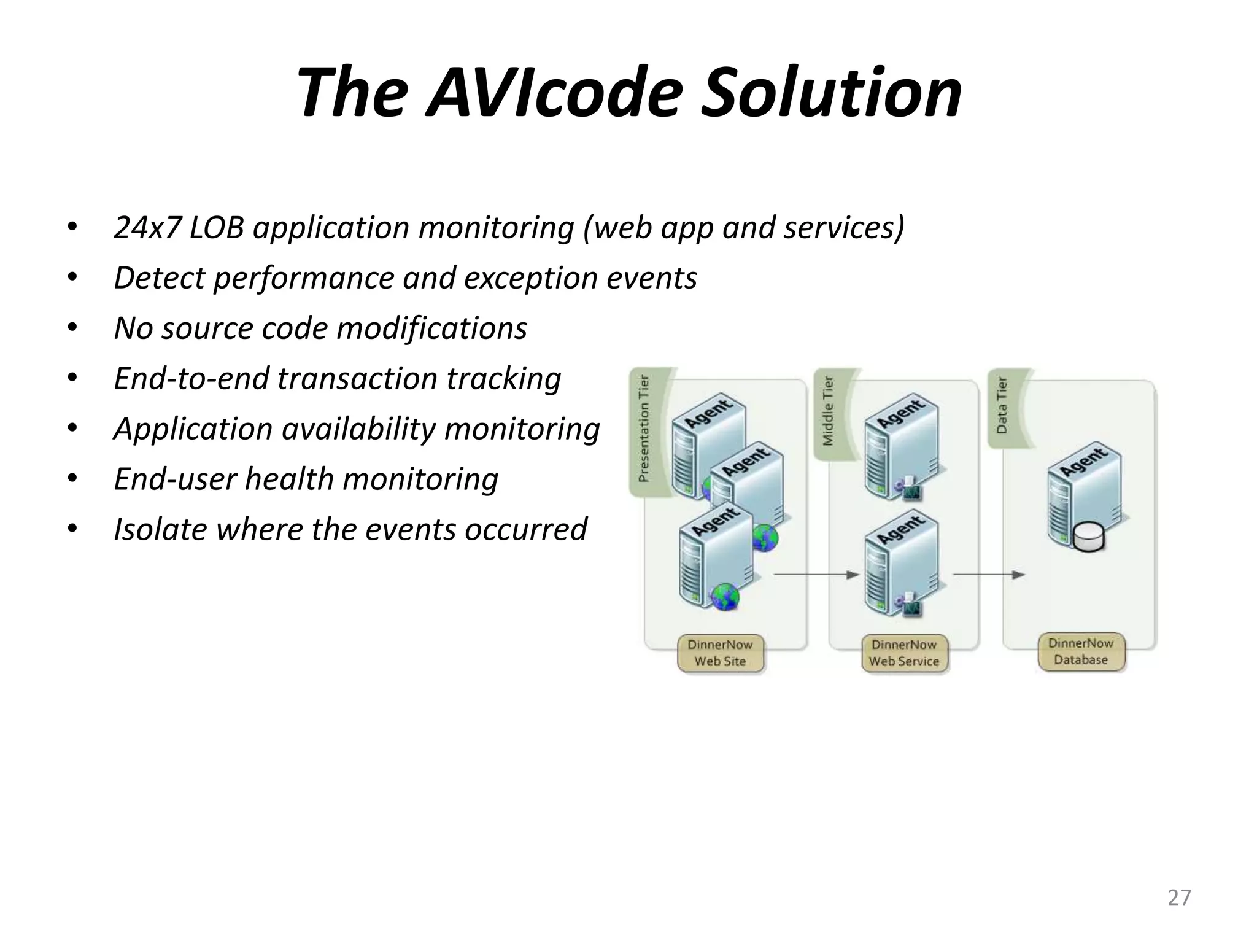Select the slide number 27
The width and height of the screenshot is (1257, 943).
pos(1178,898)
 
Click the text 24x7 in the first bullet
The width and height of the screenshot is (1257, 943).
pos(147,228)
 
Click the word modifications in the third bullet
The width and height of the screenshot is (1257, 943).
pos(431,328)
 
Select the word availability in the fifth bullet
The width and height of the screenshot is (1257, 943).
pos(358,429)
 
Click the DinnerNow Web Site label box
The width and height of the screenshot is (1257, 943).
pos(720,653)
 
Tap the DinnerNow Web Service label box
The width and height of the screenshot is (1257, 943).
pos(904,653)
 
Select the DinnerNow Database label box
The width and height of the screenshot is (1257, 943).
pos(1081,652)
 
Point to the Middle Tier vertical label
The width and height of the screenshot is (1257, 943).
pos(828,411)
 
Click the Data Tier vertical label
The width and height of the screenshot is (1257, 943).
pos(1002,406)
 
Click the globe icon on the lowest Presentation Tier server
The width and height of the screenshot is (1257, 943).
pos(725,597)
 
